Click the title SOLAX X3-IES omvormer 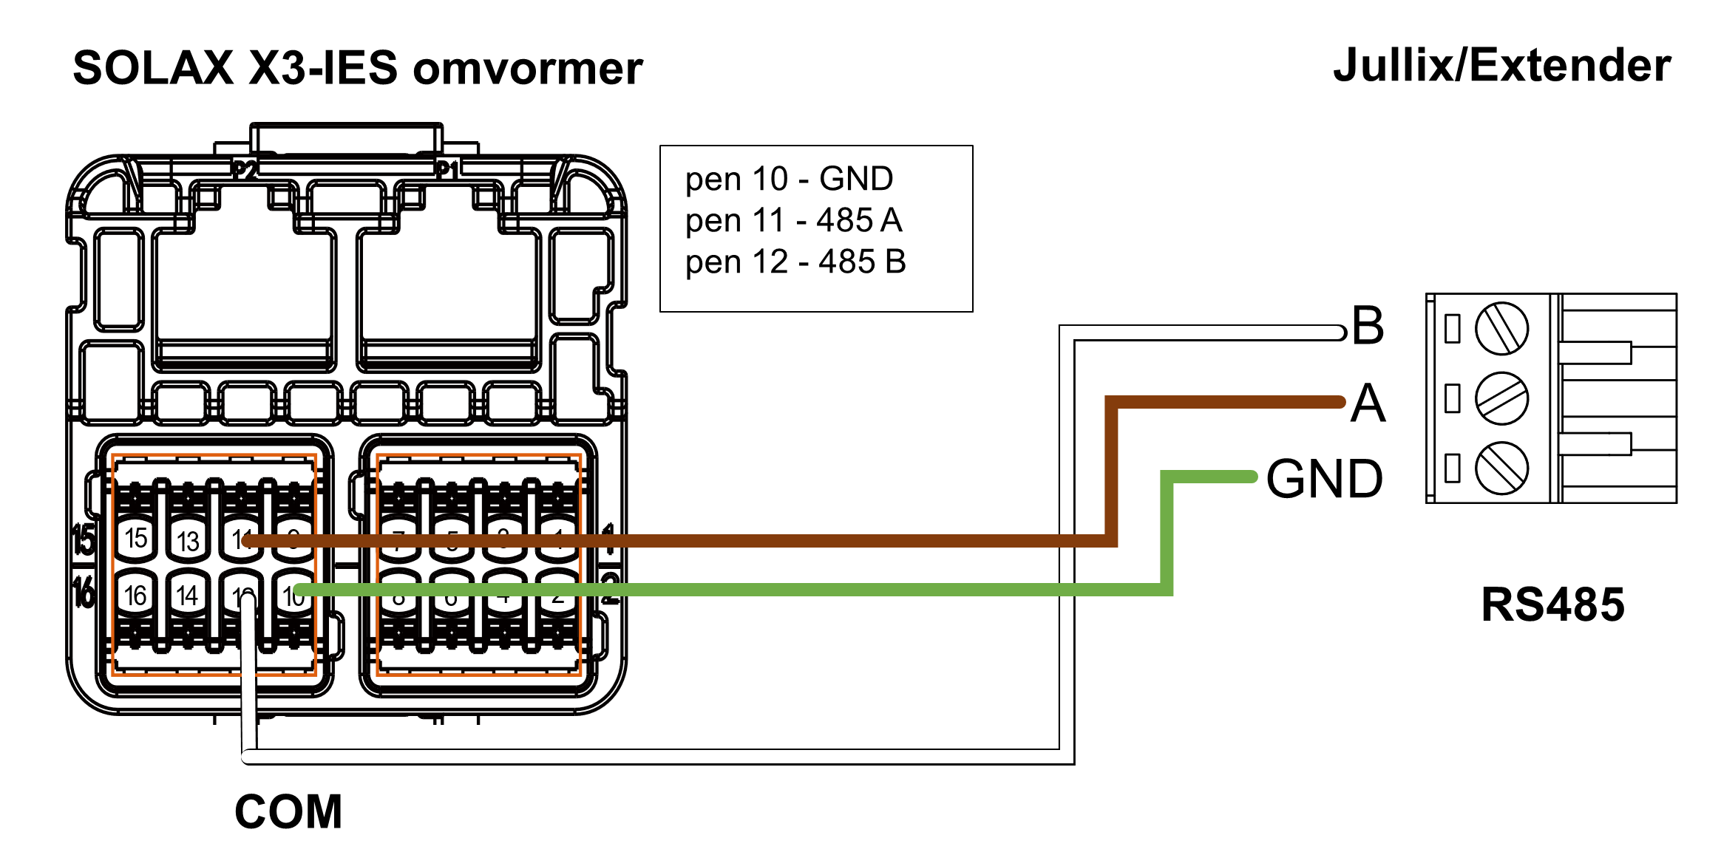tap(358, 68)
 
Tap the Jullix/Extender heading tap(1501, 65)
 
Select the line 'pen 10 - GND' tap(789, 179)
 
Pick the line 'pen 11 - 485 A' tap(793, 220)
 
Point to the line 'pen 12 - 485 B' tap(795, 262)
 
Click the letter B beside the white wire tap(1368, 325)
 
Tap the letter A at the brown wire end tap(1368, 403)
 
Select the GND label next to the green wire tap(1324, 479)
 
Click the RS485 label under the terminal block tap(1552, 604)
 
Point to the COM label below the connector tap(288, 811)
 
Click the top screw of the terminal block tap(1501, 328)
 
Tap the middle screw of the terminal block tap(1501, 398)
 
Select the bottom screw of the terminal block tap(1501, 468)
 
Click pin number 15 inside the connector tap(136, 538)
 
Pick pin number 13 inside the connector tap(188, 541)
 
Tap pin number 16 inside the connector tap(136, 595)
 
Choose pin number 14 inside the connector tap(188, 595)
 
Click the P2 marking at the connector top tap(245, 171)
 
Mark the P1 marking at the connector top tap(446, 169)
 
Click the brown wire tap(739, 542)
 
